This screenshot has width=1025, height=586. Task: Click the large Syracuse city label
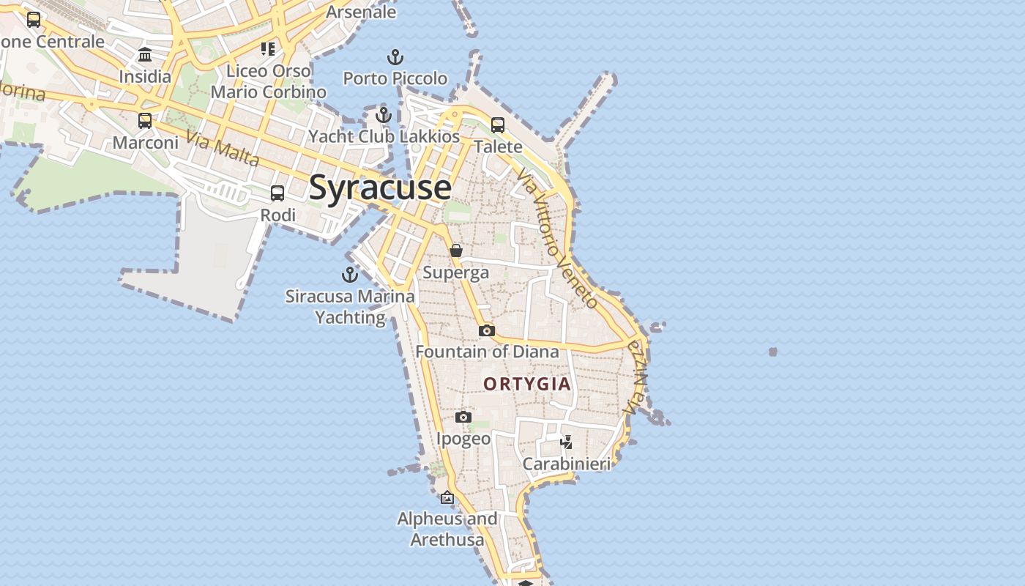coord(380,188)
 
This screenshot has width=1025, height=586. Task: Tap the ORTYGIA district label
coord(527,384)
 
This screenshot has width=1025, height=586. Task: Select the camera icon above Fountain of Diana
coord(487,331)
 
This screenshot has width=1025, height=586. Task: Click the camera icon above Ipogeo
coord(463,418)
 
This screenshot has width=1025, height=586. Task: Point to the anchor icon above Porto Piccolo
coord(395,57)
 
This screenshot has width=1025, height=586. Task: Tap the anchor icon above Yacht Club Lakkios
coord(384,115)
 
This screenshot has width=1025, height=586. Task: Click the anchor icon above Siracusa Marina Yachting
coord(350,275)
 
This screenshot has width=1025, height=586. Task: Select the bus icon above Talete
coord(498,125)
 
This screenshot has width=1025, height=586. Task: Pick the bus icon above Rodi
coord(277,193)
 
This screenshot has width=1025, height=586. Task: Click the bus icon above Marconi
coord(145,121)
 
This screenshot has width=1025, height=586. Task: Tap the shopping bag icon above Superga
coord(456,251)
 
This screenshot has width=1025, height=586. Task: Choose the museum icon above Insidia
coord(145,55)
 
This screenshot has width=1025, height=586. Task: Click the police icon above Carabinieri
coord(566,442)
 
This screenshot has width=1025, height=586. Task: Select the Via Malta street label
coord(223,148)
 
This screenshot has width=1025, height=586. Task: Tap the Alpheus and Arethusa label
coord(447,530)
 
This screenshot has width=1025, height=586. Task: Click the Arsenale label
coord(361,12)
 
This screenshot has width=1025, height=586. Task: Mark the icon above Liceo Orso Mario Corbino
coord(268,49)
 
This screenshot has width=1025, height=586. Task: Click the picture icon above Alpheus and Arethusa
coord(447,498)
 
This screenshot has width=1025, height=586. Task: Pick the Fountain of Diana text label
coord(487,352)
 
